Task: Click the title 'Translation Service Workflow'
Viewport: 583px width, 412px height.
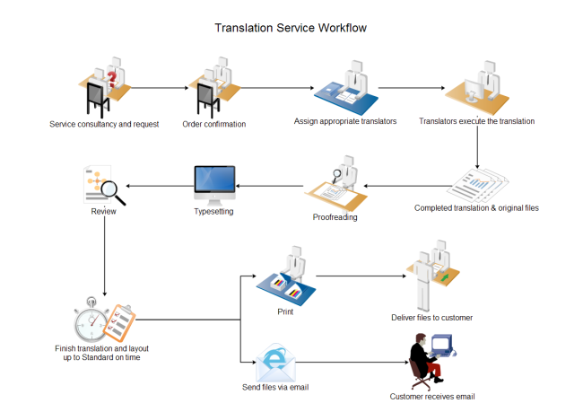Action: pos(291,28)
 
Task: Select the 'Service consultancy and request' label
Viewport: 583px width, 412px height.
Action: pos(104,124)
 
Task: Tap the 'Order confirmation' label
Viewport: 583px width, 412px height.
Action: pos(213,124)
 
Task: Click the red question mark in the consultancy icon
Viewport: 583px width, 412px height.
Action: pos(111,80)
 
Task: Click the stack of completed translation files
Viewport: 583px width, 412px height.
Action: pos(476,184)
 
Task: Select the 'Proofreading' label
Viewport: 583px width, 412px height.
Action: pos(335,217)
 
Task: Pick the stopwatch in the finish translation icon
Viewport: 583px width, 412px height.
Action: pos(91,318)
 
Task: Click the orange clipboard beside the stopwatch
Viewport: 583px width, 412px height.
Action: pos(122,319)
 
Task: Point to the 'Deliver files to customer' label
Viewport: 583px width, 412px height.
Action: pos(431,318)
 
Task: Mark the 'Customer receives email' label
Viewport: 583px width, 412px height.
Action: pos(431,396)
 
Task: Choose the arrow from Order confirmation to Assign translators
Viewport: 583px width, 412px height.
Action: pos(277,88)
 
